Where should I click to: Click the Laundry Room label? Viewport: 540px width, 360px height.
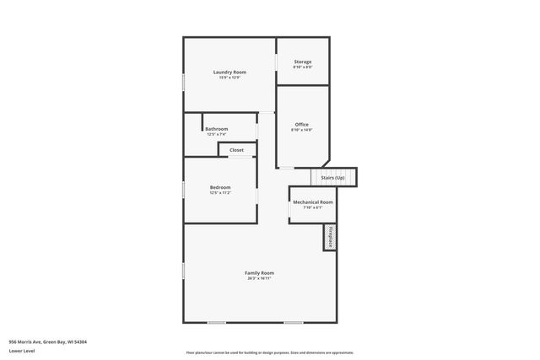click(229, 73)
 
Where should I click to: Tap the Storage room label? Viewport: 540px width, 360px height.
click(303, 62)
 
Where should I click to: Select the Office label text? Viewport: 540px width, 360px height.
click(302, 125)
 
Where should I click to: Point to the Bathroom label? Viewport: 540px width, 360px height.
click(217, 129)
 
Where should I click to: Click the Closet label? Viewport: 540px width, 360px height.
click(236, 150)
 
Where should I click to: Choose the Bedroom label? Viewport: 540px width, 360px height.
click(220, 187)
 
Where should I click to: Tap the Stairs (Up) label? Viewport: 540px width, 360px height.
click(333, 178)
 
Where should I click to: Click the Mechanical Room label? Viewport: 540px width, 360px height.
click(313, 202)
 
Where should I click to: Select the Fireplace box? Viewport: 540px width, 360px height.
click(331, 237)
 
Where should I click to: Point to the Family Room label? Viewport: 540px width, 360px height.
click(260, 272)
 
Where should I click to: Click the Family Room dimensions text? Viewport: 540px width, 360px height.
click(260, 278)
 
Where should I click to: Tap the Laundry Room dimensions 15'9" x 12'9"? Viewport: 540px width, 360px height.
click(229, 78)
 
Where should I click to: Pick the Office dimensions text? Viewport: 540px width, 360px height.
click(302, 131)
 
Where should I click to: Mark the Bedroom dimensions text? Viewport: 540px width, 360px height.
click(220, 193)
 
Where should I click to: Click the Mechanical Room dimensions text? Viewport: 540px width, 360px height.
click(313, 208)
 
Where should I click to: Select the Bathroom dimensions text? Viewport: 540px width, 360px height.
click(217, 135)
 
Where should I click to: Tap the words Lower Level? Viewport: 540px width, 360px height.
click(23, 350)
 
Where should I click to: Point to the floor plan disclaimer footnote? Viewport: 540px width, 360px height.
click(269, 352)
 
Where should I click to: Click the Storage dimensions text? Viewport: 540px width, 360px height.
click(303, 68)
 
